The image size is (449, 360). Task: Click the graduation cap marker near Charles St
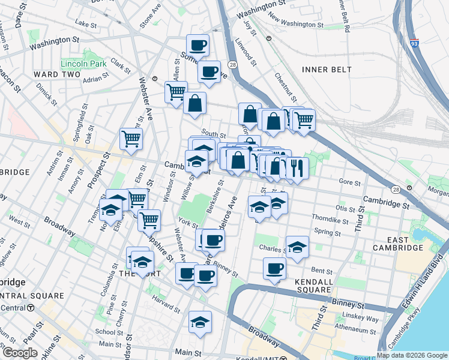pos(297,247)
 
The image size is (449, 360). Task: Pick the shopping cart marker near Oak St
pos(131,139)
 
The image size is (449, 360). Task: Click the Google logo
pos(20,352)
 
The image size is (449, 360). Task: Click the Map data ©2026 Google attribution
pos(412,355)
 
